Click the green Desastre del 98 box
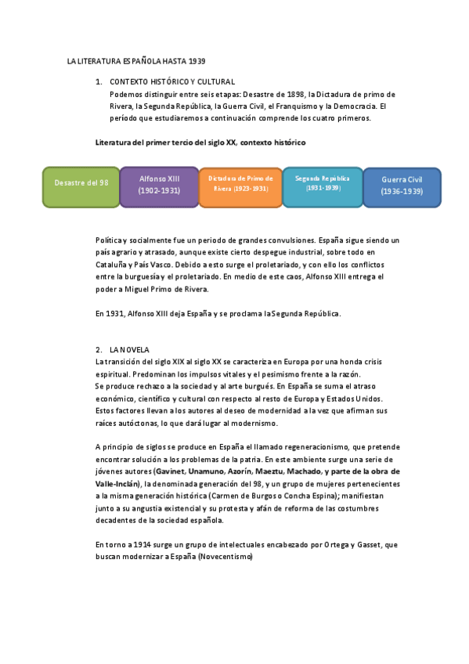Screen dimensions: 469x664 (81, 186)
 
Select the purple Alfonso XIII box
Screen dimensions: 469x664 (159, 186)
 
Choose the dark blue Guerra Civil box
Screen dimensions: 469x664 (402, 186)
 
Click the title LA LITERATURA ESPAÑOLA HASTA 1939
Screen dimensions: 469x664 (136, 60)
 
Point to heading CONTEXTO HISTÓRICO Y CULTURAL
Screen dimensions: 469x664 (172, 81)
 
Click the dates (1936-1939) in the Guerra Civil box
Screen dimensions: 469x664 (402, 192)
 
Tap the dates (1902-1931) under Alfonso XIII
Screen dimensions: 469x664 (159, 190)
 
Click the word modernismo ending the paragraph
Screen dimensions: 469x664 (252, 423)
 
